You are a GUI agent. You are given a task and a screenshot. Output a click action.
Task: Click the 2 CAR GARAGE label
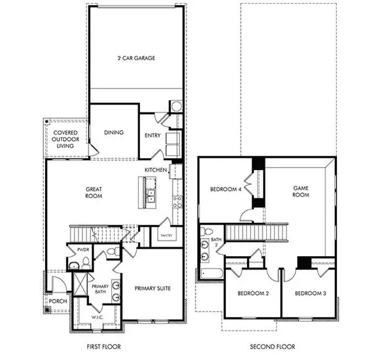click(x=136, y=58)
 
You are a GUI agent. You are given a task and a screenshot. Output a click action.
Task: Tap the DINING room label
click(x=113, y=133)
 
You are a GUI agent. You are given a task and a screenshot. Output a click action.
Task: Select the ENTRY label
click(x=152, y=135)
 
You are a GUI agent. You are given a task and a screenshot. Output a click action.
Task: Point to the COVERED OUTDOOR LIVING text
click(x=66, y=140)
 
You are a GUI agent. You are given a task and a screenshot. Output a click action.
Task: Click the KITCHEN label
click(x=155, y=170)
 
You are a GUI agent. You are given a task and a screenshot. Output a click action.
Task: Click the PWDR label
click(x=82, y=250)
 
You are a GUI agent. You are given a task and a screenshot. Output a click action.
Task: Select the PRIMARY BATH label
click(x=101, y=290)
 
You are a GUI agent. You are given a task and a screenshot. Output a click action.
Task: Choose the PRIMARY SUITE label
click(x=153, y=289)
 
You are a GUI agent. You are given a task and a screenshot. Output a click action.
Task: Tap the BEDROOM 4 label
click(x=226, y=189)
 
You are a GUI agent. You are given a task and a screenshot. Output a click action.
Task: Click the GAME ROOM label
click(x=301, y=192)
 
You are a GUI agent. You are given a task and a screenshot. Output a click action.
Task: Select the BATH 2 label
click(x=216, y=243)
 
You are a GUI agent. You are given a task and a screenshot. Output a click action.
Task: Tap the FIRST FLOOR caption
click(x=103, y=347)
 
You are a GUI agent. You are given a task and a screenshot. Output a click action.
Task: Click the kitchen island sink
click(x=152, y=194)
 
